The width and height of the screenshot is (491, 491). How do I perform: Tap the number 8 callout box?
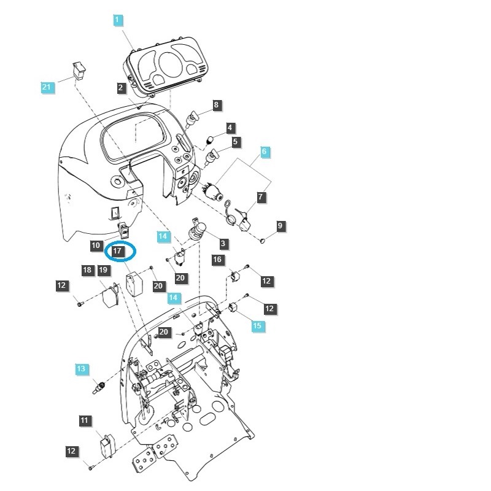tap(216, 105)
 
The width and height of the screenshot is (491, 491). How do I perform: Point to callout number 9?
tap(280, 226)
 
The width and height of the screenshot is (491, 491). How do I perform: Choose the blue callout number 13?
tap(82, 369)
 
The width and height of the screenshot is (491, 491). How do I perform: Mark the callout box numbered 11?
tap(85, 420)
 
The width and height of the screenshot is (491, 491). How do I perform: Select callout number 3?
tap(223, 244)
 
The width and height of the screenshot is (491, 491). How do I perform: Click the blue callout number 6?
tap(264, 151)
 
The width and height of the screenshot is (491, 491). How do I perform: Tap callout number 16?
tap(218, 260)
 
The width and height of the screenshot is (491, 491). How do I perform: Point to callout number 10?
tap(96, 245)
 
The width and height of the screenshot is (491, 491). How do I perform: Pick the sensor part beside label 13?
tap(98, 388)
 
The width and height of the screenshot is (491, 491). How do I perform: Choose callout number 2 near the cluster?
tap(122, 88)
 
